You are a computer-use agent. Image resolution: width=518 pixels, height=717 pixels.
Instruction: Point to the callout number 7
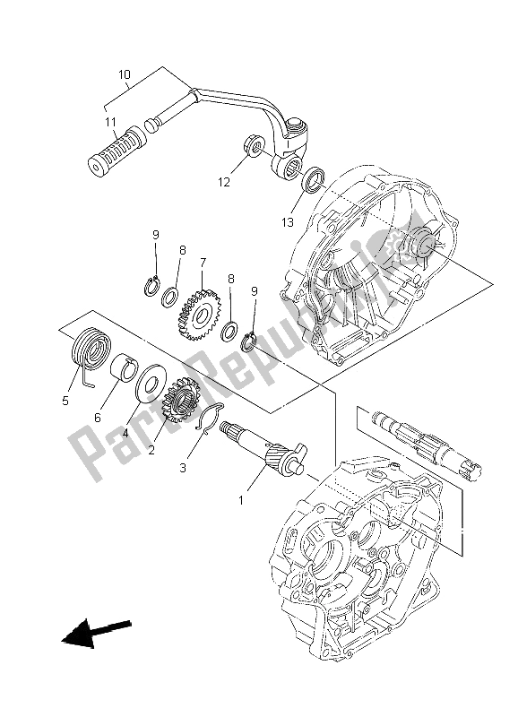[x=203, y=263]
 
